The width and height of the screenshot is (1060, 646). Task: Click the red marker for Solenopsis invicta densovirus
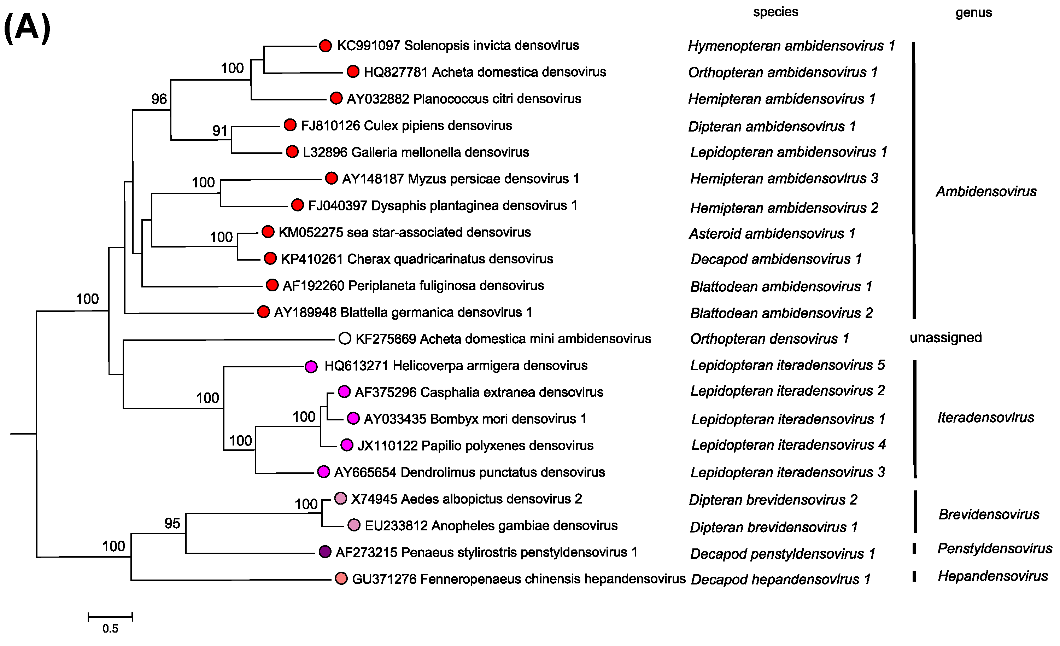click(x=326, y=46)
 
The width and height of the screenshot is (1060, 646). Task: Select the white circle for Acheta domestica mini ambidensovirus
click(x=345, y=339)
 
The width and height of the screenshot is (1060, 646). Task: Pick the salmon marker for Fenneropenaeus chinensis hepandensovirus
click(x=341, y=578)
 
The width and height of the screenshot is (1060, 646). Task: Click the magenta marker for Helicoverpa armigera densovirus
click(x=311, y=367)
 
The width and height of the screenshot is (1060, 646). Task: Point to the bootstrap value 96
click(x=159, y=99)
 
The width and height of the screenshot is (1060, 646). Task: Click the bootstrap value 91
click(x=220, y=130)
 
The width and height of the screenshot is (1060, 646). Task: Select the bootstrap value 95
click(x=172, y=523)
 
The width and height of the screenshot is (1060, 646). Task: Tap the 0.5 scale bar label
click(x=110, y=629)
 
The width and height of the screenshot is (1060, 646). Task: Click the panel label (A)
click(x=27, y=28)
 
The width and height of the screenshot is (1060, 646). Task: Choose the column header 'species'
click(x=775, y=12)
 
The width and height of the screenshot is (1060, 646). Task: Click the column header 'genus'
click(x=973, y=13)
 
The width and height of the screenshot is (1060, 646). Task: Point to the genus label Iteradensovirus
click(x=985, y=418)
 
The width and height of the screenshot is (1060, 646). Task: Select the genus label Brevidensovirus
click(x=989, y=514)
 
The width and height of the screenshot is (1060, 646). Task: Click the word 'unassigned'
click(x=945, y=337)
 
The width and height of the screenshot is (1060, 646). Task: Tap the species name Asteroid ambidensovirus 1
click(x=772, y=234)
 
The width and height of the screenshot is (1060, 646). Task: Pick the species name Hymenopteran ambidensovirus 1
click(x=791, y=46)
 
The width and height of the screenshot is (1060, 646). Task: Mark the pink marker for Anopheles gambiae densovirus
click(x=353, y=525)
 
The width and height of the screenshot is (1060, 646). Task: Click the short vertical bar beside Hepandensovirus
click(x=914, y=576)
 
